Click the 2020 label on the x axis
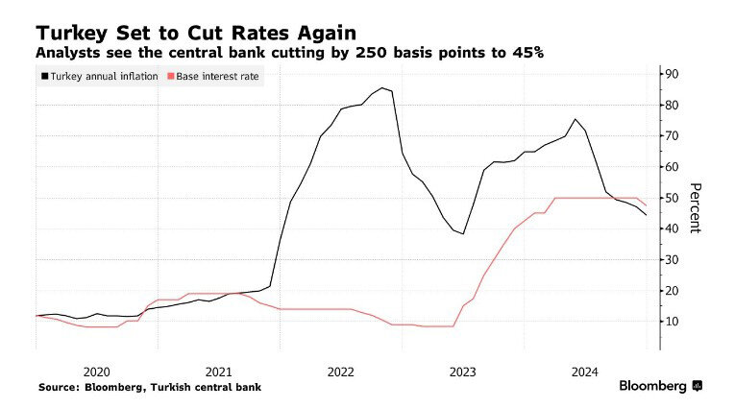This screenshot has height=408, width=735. (96, 371)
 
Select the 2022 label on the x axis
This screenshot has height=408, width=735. (341, 371)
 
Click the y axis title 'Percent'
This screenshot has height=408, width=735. (697, 207)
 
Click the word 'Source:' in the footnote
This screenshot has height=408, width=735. (60, 388)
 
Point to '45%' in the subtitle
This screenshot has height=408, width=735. (527, 53)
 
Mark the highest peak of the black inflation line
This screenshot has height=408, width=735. (383, 88)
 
